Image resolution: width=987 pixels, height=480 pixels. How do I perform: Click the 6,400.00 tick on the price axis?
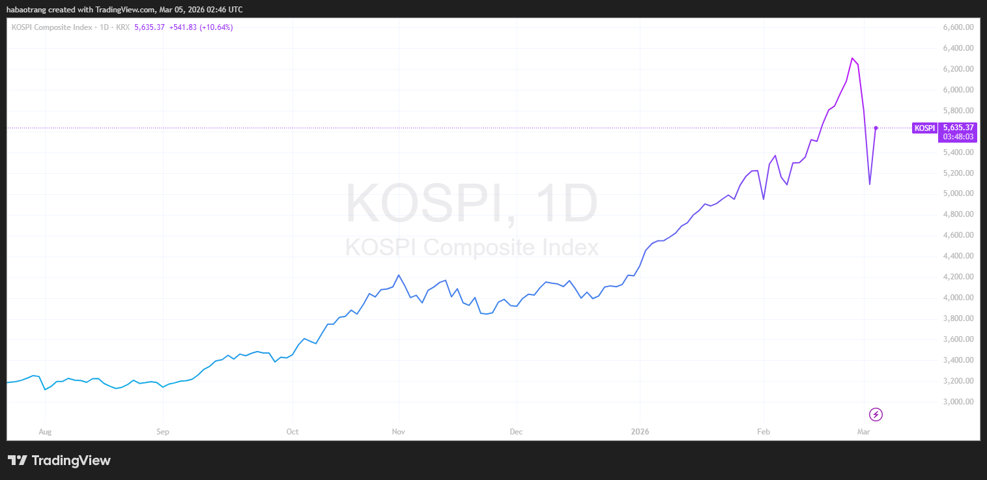(x=958, y=48)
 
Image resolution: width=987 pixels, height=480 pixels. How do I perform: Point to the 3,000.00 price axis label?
(x=958, y=402)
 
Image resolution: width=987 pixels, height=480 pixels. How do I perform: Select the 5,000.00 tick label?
(x=958, y=193)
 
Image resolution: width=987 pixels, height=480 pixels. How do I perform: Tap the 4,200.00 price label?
(x=958, y=277)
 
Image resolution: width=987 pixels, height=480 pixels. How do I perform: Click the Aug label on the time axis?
(x=45, y=431)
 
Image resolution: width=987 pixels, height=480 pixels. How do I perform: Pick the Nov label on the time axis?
(x=398, y=431)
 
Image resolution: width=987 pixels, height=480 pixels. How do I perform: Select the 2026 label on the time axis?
(x=640, y=431)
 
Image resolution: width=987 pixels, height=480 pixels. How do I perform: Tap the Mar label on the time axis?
(x=864, y=431)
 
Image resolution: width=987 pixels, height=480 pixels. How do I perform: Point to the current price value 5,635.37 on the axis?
(x=958, y=128)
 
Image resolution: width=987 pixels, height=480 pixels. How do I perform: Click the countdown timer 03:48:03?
(x=958, y=137)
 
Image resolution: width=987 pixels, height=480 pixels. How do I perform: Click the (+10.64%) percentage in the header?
(x=216, y=27)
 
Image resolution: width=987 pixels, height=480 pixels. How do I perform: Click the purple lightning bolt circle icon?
(x=876, y=414)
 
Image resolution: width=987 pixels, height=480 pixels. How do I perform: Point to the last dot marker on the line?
(x=876, y=128)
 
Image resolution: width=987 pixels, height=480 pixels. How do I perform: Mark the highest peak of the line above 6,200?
(x=852, y=58)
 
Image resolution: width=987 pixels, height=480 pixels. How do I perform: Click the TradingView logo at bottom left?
(x=59, y=460)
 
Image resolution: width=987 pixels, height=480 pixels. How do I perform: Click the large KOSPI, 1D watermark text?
(x=471, y=204)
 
